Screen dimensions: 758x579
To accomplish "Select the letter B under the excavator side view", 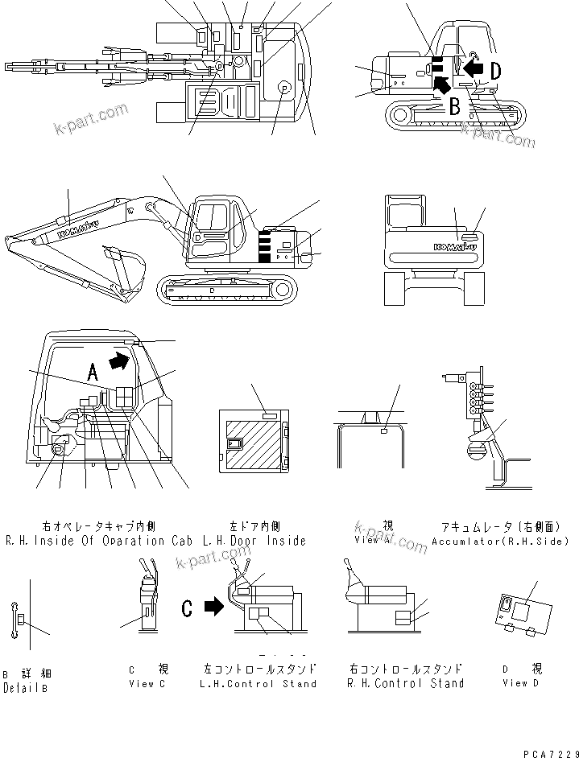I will pyautogui.click(x=455, y=105).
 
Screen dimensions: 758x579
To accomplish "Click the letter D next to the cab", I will pyautogui.click(x=495, y=71).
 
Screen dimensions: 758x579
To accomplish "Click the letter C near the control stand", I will pyautogui.click(x=187, y=608).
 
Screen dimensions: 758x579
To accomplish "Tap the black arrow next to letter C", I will pyautogui.click(x=213, y=607).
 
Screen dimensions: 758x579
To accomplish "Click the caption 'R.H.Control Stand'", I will pyautogui.click(x=405, y=683).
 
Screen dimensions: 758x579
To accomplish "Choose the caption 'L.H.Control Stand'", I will pyautogui.click(x=260, y=683).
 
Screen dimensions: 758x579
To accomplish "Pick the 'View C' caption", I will pyautogui.click(x=147, y=683).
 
